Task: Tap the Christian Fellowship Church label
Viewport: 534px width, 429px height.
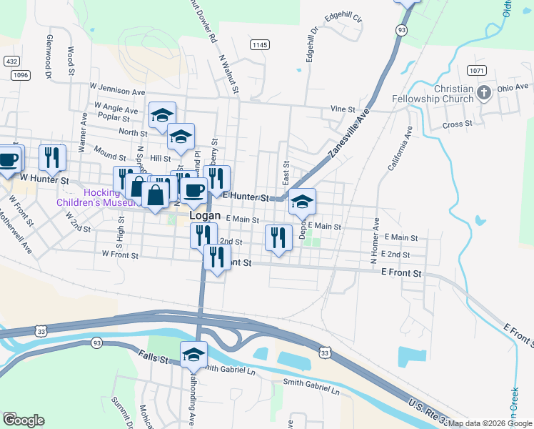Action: tap(433, 94)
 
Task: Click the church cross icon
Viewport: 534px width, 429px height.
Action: tap(485, 92)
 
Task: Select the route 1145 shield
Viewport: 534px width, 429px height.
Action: tap(259, 44)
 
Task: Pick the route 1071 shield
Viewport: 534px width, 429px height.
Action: tap(477, 70)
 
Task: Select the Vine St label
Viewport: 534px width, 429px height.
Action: tap(343, 109)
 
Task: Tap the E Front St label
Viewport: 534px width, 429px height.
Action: tap(402, 273)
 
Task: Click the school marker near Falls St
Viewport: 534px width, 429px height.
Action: tap(193, 355)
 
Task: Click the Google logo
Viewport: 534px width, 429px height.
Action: tap(24, 420)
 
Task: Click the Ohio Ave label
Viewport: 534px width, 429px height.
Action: tap(512, 87)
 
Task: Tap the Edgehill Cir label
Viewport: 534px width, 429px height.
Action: tap(343, 16)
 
